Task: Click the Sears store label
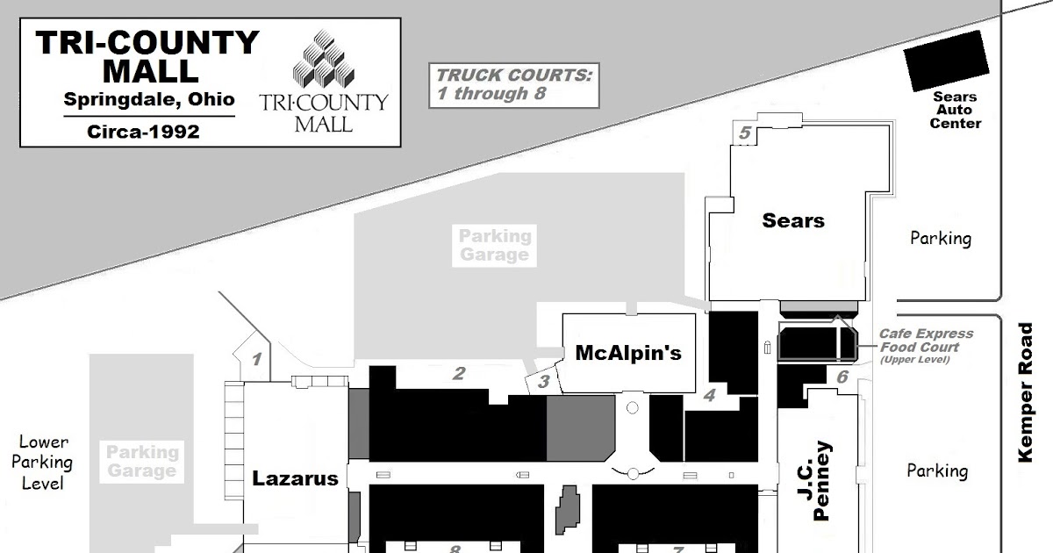pos(793,220)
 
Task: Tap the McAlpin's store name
pos(628,353)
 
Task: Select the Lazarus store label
pos(295,478)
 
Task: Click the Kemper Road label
pos(1025,392)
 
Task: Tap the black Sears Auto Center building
pos(946,61)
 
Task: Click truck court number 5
pos(745,133)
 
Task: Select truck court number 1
pos(256,360)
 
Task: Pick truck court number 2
pos(459,373)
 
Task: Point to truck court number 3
pos(544,381)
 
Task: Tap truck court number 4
pos(709,395)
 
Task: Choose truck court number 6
pos(842,377)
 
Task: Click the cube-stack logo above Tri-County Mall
pos(324,58)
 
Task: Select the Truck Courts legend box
pos(514,86)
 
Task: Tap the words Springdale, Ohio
pos(149,99)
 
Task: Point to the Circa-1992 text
pos(143,132)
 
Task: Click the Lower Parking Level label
pos(42,463)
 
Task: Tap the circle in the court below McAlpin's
pos(633,407)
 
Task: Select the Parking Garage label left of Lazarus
pos(142,462)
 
